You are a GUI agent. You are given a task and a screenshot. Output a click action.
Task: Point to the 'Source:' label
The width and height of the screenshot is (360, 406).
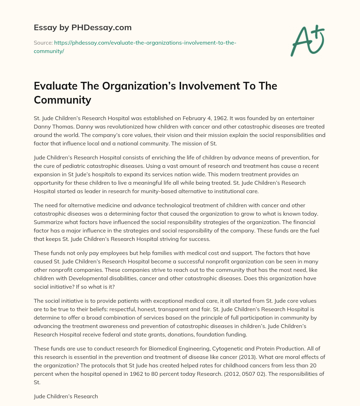click(x=43, y=43)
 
